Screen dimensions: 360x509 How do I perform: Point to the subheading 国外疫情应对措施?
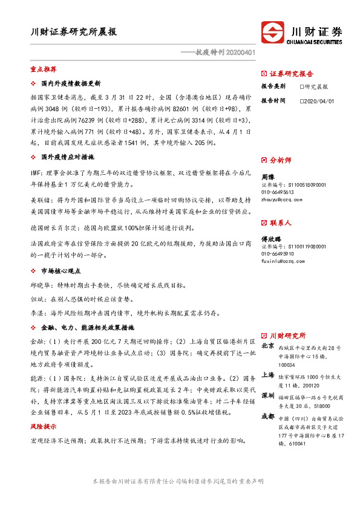(x=67, y=157)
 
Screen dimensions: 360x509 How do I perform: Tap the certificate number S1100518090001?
(x=302, y=185)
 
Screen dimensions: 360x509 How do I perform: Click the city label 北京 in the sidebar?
(x=269, y=347)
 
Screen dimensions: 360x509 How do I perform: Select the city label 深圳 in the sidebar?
(x=269, y=395)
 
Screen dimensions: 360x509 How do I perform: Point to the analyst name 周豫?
(x=268, y=178)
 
